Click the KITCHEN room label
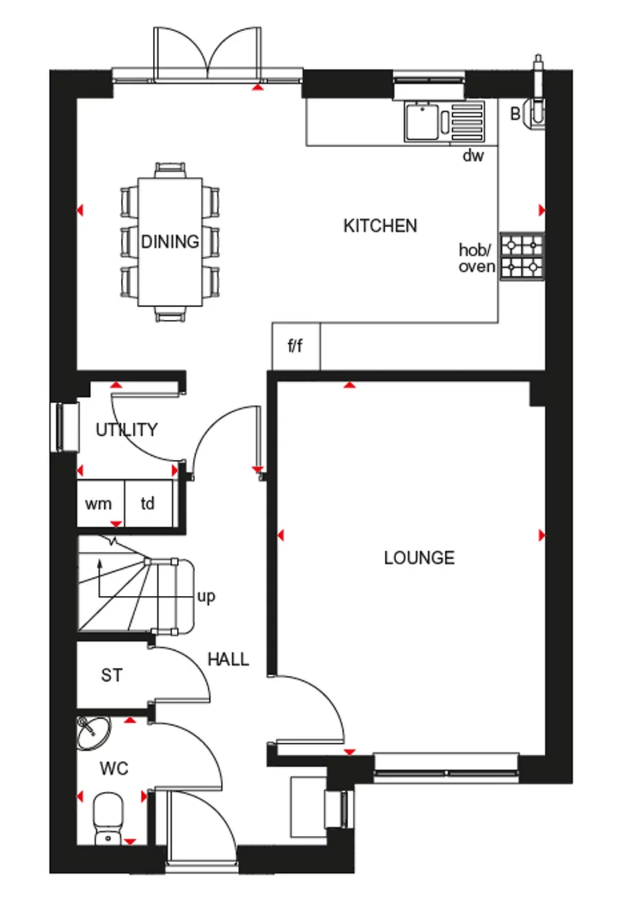click(380, 226)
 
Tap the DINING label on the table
click(170, 242)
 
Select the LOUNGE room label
click(419, 558)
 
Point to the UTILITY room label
click(126, 430)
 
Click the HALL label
click(229, 659)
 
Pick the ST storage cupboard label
click(111, 675)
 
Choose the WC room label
click(114, 768)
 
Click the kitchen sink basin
click(422, 121)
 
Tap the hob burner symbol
click(522, 257)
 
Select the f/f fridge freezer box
click(296, 347)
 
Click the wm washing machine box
click(101, 503)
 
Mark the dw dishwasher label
click(474, 156)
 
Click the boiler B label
click(515, 114)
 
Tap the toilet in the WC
click(108, 820)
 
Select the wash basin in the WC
click(93, 733)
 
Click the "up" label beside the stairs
click(206, 597)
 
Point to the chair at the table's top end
click(170, 170)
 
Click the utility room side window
click(65, 428)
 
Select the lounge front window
click(446, 768)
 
